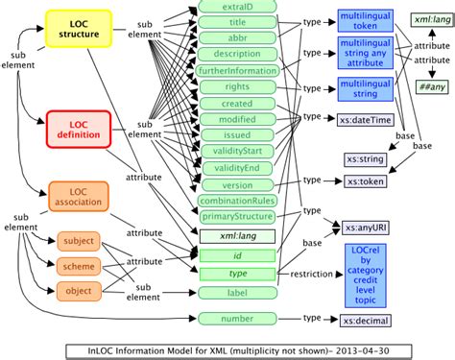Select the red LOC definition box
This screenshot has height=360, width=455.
[x=80, y=132]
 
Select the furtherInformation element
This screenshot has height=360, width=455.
[x=237, y=71]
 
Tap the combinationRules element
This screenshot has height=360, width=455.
[x=237, y=201]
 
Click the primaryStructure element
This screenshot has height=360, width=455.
[x=237, y=217]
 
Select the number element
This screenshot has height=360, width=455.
[x=237, y=317]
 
